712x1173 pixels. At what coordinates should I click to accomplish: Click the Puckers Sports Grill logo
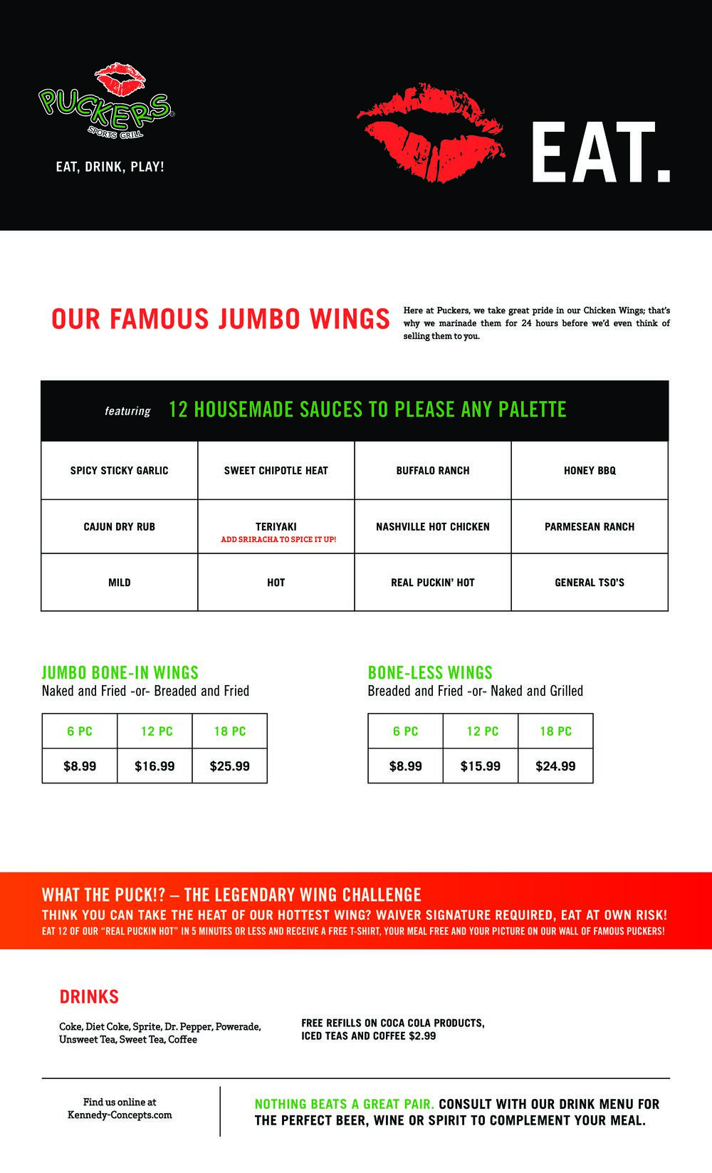(106, 103)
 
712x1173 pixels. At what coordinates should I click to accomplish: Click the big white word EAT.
(600, 154)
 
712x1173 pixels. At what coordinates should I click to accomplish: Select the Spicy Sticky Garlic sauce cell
(120, 471)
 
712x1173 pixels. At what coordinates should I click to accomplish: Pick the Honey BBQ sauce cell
(590, 471)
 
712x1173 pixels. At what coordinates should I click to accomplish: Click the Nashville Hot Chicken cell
(433, 527)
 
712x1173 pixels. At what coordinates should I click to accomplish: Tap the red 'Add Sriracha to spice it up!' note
(278, 540)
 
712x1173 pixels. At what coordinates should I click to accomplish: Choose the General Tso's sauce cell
(590, 583)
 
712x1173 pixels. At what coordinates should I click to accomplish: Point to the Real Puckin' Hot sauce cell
(433, 583)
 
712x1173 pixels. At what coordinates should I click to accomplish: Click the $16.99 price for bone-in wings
(155, 766)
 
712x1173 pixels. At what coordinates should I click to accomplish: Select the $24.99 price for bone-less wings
(555, 766)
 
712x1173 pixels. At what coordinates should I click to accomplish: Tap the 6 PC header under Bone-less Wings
(406, 731)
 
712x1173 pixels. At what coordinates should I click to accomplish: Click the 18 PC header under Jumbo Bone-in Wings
(230, 731)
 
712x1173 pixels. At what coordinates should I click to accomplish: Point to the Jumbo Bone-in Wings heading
(120, 672)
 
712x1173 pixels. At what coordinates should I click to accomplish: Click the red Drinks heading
(89, 997)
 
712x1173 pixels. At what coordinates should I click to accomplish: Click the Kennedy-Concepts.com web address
(120, 1115)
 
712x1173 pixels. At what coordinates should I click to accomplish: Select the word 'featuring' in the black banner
(127, 411)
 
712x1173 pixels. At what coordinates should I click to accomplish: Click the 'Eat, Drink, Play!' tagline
(110, 167)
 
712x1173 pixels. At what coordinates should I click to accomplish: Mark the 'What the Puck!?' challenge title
(231, 895)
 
